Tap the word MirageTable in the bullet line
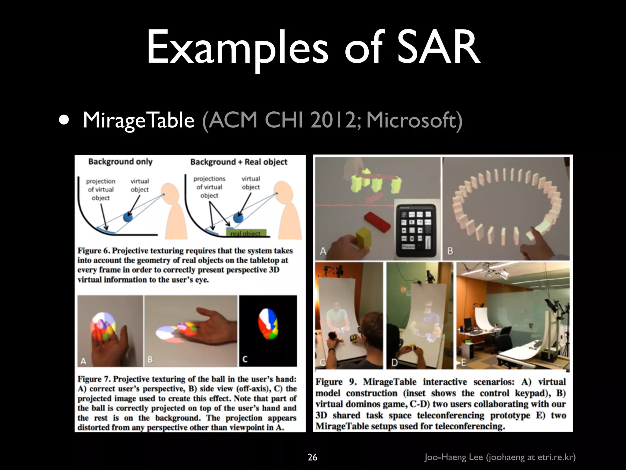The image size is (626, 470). click(138, 120)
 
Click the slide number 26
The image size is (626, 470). click(312, 457)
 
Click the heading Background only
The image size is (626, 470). click(120, 162)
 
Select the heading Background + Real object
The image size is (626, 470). click(239, 162)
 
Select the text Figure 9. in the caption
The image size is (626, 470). click(336, 382)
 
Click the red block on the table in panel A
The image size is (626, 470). click(377, 221)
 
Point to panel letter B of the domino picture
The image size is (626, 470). click(450, 251)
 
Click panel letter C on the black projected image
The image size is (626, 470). click(245, 359)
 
